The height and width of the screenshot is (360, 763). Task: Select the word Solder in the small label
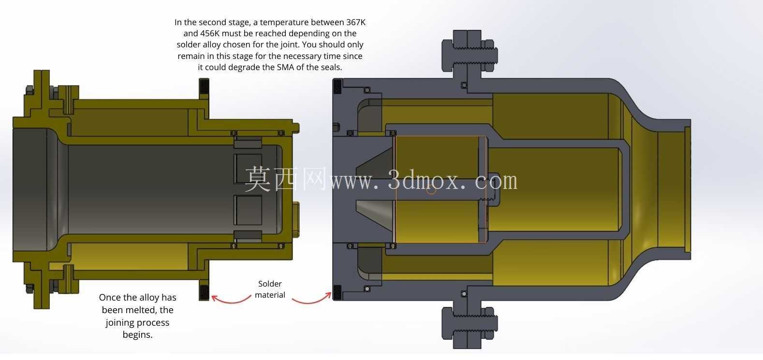click(x=270, y=284)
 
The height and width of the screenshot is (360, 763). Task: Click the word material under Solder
click(x=270, y=295)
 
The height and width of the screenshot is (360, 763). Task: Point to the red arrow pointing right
click(x=312, y=298)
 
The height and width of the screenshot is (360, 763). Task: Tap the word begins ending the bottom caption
click(x=138, y=335)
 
